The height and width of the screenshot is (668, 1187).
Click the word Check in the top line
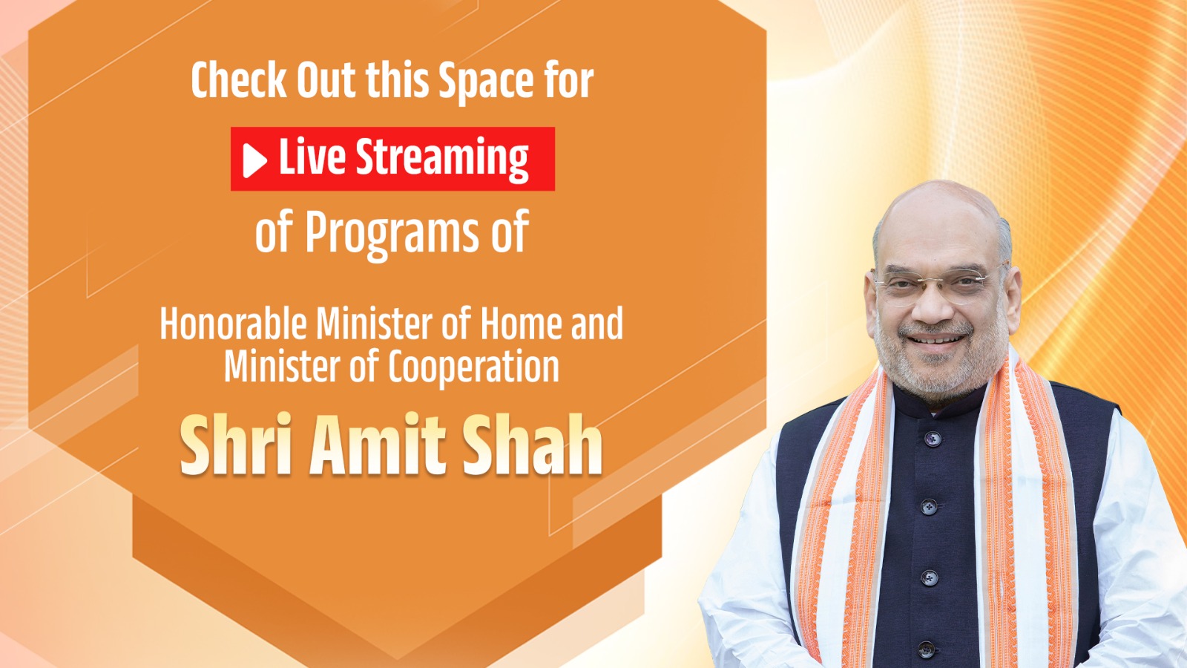(238, 80)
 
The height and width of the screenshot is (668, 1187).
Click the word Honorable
(233, 324)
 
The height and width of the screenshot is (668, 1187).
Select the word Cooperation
(473, 367)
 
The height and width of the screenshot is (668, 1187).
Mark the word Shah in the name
(531, 445)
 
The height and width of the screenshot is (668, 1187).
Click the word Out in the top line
(326, 80)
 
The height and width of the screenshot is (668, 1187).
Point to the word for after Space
(568, 80)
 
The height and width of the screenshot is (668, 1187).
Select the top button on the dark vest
(933, 439)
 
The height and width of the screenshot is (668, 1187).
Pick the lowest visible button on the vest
(927, 649)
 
